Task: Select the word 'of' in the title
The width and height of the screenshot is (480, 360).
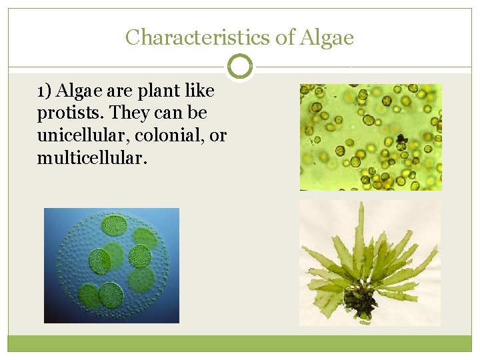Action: click(x=285, y=37)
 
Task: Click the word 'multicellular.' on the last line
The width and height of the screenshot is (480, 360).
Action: click(x=89, y=159)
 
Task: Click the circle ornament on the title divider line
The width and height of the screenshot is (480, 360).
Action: click(x=240, y=67)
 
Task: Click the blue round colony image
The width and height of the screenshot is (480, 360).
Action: click(x=111, y=265)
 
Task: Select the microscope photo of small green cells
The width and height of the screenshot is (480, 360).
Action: click(x=370, y=137)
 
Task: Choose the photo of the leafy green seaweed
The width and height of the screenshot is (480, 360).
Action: click(x=370, y=263)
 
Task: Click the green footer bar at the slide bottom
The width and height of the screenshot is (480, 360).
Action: click(x=240, y=343)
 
